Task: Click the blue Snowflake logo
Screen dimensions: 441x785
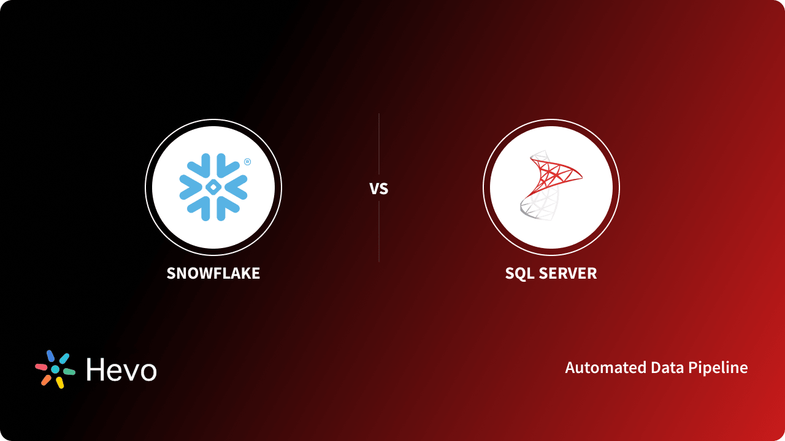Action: pos(213,187)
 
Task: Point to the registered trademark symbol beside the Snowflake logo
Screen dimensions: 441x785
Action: pos(247,162)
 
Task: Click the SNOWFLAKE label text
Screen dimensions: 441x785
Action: pos(213,273)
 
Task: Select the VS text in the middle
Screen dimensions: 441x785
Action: pos(379,189)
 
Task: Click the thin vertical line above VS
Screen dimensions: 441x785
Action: pos(379,144)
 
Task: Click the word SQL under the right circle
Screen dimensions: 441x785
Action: pos(518,273)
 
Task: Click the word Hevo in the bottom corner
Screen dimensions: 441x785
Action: pos(121,369)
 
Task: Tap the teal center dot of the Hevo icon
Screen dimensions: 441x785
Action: pos(55,369)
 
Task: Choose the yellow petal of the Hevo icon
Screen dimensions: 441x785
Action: pos(60,383)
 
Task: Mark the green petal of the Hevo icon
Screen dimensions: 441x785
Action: pos(69,372)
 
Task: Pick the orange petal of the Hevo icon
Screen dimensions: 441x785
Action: pos(46,380)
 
